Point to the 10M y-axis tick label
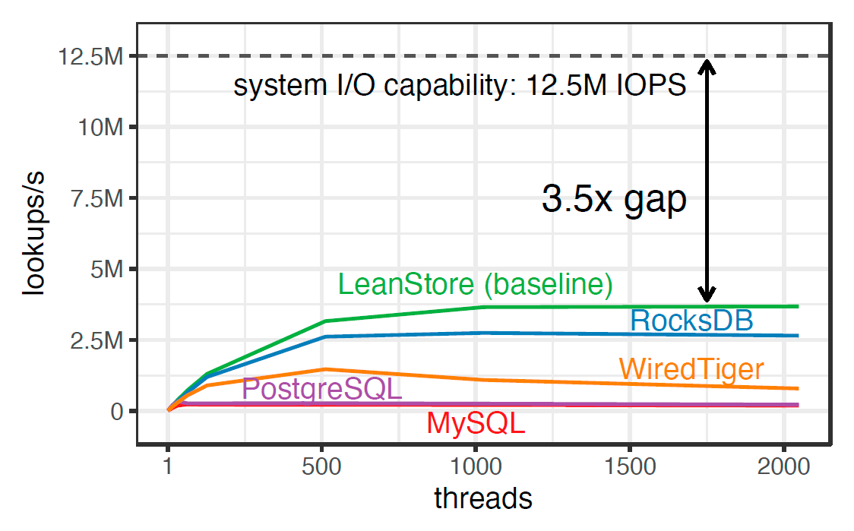pos(100,127)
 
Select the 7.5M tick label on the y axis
pos(96,198)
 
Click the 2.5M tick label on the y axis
pos(96,340)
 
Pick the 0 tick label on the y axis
pos(116,411)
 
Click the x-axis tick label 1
pos(168,466)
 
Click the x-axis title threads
pos(483,499)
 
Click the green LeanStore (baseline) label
pos(475,284)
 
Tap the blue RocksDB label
pos(691,321)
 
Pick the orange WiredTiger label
pos(691,369)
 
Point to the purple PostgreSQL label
pos(321,389)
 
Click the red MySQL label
pos(476,423)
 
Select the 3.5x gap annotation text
pos(614,200)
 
